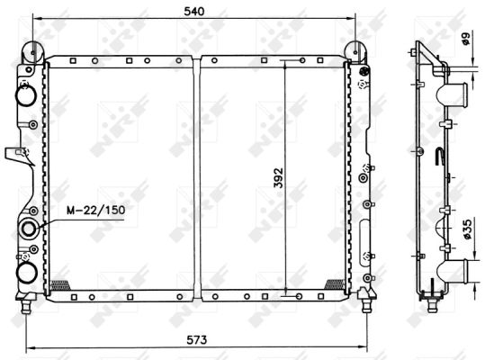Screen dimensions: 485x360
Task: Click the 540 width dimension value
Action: [194, 12]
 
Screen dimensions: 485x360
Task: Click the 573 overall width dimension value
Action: [196, 340]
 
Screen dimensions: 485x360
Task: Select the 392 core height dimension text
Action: [278, 178]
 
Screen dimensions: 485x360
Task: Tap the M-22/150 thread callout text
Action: [96, 210]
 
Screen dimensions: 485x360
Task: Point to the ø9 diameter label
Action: [465, 39]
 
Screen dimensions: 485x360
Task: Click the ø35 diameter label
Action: [467, 229]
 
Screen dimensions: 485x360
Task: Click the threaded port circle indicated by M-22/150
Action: [29, 229]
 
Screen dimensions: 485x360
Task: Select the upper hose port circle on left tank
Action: [27, 95]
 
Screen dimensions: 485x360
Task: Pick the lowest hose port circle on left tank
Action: [27, 273]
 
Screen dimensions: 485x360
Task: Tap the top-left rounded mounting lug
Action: [33, 52]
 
